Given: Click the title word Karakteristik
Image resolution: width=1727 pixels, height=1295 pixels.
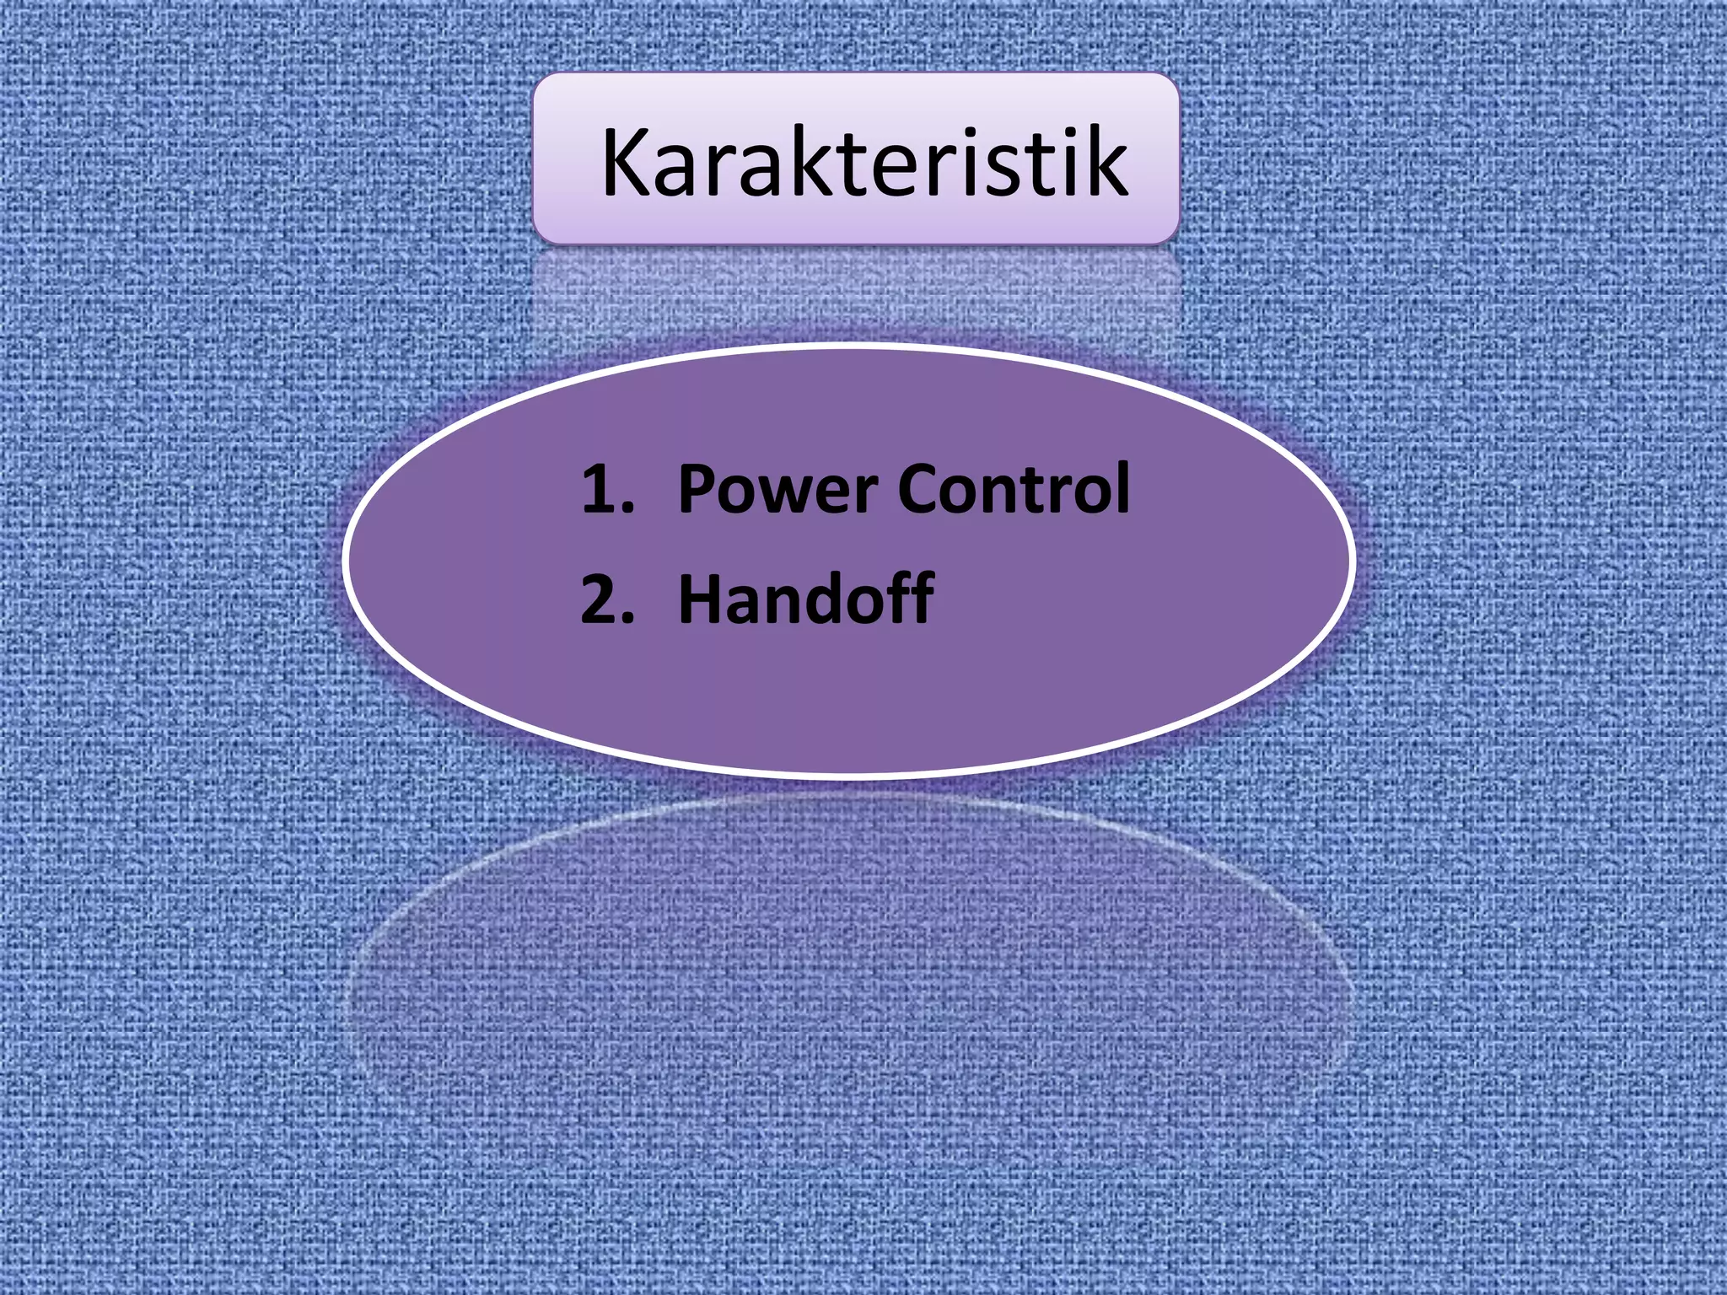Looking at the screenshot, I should tap(864, 162).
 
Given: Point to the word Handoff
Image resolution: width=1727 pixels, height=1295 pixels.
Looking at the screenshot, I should tap(805, 598).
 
